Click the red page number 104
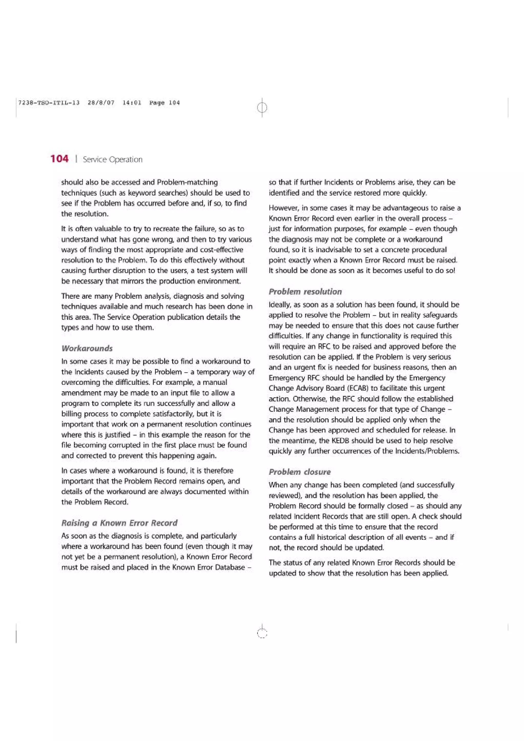[x=59, y=159]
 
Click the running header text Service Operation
[x=112, y=160]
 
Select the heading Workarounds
[x=87, y=348]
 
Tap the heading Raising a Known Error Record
[x=119, y=523]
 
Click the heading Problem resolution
[x=305, y=291]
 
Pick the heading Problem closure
[x=300, y=472]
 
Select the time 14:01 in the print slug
[x=132, y=103]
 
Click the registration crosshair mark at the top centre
[x=262, y=107]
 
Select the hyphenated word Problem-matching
[x=187, y=182]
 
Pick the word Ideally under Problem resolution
[x=280, y=305]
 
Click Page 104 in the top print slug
[x=164, y=103]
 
